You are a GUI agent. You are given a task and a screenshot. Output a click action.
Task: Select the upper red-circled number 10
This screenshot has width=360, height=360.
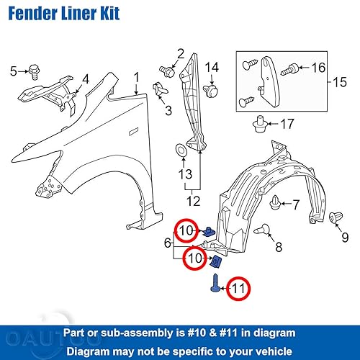tap(186, 230)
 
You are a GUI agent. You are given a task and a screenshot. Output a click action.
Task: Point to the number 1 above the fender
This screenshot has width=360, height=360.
tap(137, 76)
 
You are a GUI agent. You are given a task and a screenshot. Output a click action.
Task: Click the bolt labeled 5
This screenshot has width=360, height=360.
tap(33, 71)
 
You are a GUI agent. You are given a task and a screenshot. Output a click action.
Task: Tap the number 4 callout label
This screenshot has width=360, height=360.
tap(84, 78)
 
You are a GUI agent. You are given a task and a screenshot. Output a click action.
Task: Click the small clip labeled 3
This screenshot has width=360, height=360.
tap(161, 90)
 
